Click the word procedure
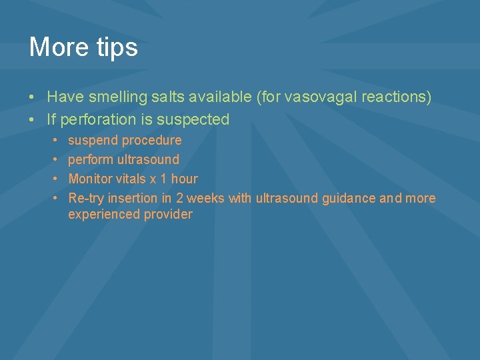[151, 141]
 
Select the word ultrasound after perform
[148, 160]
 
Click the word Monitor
[90, 179]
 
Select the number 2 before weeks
[180, 199]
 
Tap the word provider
[168, 215]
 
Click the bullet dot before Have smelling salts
[32, 97]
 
